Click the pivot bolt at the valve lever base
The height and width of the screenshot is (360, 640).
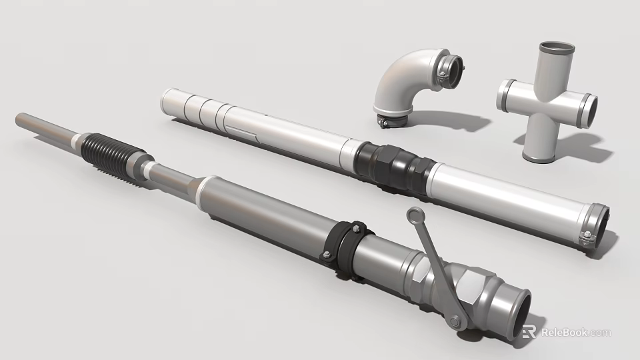coord(455,322)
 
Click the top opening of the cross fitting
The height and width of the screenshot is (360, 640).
coord(555,49)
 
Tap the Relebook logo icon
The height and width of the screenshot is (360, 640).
coord(529,331)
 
